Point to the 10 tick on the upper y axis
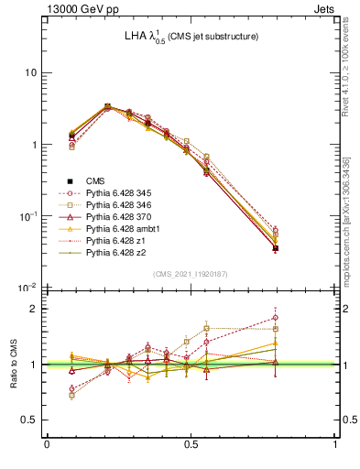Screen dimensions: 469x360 (30, 72)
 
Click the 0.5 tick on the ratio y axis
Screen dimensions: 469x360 (30, 420)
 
